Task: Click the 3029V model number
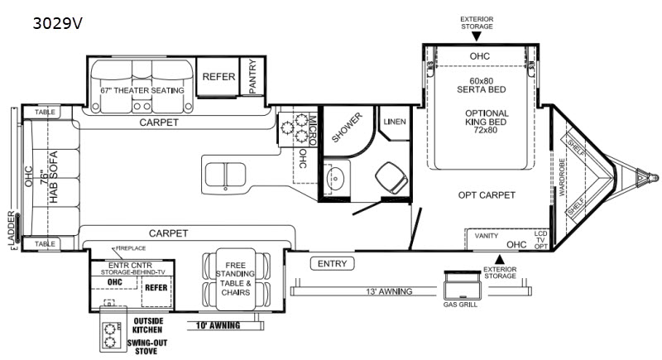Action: [57, 24]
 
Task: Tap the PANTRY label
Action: [252, 76]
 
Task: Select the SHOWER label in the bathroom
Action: [347, 127]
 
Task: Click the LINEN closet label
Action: [395, 122]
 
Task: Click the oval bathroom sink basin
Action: [336, 178]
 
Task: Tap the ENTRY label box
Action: [333, 264]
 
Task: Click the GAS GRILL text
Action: [460, 305]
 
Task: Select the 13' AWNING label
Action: [389, 291]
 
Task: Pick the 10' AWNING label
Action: [218, 325]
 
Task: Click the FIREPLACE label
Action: [131, 248]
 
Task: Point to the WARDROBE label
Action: [562, 177]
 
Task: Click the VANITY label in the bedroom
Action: [487, 236]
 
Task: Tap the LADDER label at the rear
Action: [12, 228]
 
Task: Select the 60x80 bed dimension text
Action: [482, 80]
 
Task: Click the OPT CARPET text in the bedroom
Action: [487, 195]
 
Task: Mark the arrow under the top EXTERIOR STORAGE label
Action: [477, 36]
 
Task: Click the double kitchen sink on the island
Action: [225, 175]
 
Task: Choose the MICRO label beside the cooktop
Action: [313, 131]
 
